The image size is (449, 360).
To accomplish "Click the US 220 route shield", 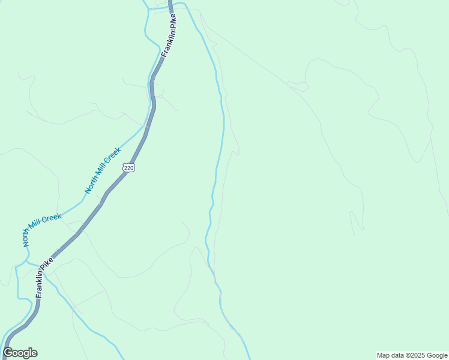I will [129, 167].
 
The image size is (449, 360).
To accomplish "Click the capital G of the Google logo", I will [8, 353].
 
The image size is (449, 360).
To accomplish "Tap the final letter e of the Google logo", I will [34, 353].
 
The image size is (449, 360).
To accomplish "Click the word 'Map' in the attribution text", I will [384, 355].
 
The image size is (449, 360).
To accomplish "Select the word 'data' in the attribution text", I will [400, 355].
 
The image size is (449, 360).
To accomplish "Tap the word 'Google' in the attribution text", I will [438, 355].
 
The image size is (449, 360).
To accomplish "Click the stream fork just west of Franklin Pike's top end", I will [148, 8].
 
